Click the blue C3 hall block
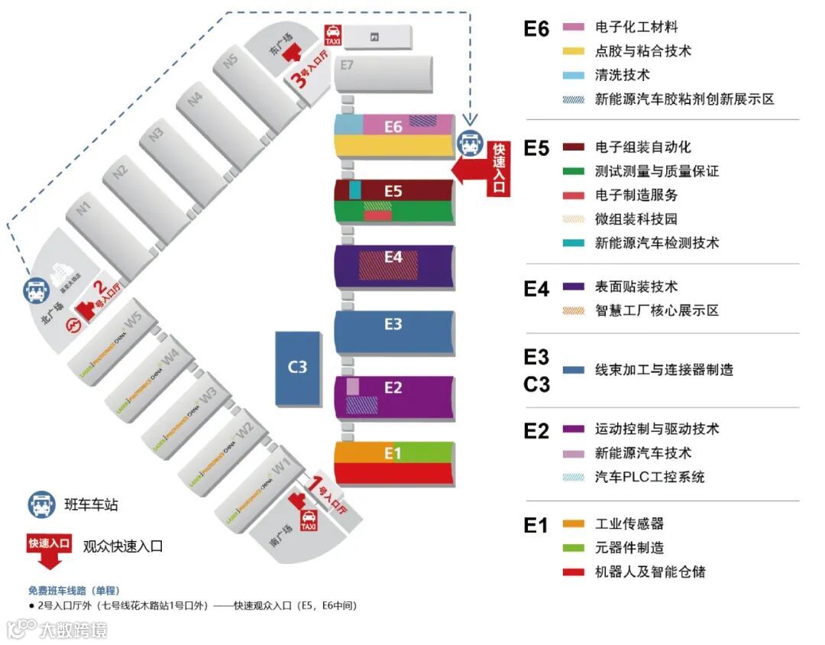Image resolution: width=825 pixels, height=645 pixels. coord(297,368)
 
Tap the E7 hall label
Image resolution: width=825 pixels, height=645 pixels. coord(348,65)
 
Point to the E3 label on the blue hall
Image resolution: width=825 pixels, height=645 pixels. coord(393,324)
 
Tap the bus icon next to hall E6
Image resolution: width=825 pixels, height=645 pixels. coord(468,142)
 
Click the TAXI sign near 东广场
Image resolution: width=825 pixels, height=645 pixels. coord(333,34)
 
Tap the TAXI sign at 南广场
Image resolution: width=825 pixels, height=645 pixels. coord(309,521)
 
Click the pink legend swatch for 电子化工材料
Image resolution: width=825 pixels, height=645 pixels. coord(573,28)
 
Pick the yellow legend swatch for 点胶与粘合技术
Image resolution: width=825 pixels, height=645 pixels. coord(573,52)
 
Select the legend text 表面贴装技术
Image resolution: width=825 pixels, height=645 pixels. coord(636,287)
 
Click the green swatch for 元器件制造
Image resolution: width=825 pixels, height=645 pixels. coord(573,548)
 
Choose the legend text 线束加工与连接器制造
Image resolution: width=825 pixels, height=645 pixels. coord(663,370)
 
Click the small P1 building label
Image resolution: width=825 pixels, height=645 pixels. coord(374,36)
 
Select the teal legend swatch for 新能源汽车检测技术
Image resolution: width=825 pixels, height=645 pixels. coord(573,243)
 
